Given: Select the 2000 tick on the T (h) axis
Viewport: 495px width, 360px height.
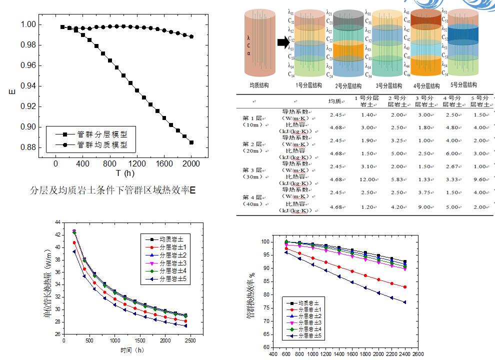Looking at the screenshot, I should [191, 164].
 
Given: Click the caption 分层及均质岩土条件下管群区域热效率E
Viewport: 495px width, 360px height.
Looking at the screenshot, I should [112, 190].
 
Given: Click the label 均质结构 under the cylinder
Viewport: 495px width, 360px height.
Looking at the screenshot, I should [259, 85].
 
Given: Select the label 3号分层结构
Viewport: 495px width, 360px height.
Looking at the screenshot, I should [388, 86].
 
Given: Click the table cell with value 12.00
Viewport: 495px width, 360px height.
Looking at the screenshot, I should [368, 179].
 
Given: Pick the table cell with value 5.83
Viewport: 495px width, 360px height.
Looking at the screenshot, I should [398, 179].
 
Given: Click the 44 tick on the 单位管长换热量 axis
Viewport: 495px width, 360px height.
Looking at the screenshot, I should [57, 222].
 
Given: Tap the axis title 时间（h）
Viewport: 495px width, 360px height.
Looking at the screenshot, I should [132, 350].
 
